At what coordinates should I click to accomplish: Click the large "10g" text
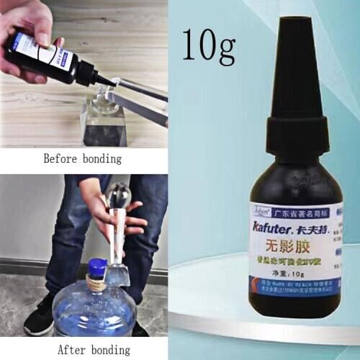pyautogui.click(x=209, y=45)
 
